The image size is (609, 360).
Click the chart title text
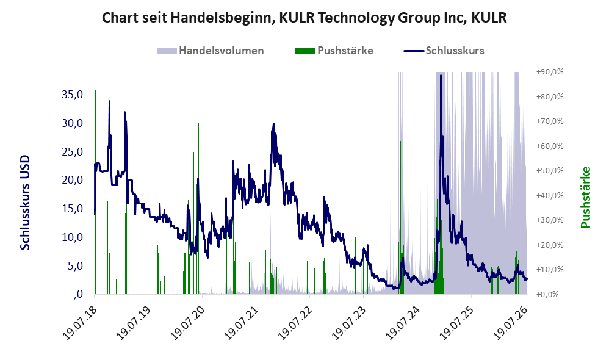point(304,18)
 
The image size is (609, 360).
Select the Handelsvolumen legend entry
point(211,51)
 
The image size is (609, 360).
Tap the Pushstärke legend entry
point(334,51)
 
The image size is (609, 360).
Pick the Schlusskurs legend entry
point(444,51)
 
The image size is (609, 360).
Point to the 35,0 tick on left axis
point(72,95)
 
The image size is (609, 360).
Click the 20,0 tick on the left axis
point(72,180)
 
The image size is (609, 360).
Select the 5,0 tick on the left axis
point(75,266)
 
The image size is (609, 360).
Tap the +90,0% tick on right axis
point(550,72)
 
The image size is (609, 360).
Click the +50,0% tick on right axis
point(550,170)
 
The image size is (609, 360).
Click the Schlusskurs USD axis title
point(25,203)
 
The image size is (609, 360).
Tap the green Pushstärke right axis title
point(585,197)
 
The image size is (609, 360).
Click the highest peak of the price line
point(441,75)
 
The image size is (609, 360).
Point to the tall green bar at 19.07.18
point(96,192)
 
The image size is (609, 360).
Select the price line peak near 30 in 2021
point(273,124)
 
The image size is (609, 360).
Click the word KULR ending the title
point(489,18)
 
